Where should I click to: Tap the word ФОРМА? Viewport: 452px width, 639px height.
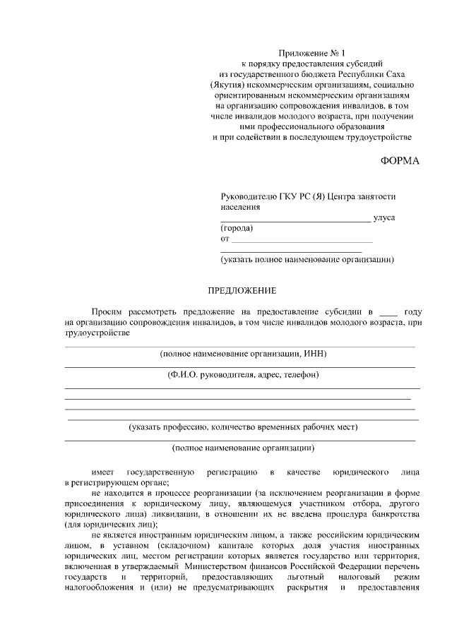tap(400, 161)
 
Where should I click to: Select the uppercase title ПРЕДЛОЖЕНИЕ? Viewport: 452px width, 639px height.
tap(242, 290)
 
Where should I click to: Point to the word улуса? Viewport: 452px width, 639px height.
tap(384, 218)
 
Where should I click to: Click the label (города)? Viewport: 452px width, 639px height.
tap(237, 229)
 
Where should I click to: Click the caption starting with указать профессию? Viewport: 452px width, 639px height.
tap(243, 427)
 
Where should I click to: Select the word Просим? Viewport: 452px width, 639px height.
tap(107, 311)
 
